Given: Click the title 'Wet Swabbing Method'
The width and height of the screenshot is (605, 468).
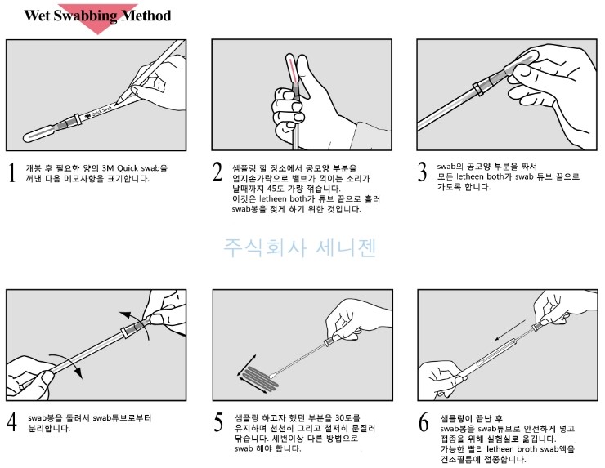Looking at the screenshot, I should [x=97, y=16].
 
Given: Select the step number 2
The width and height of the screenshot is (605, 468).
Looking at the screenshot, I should [x=217, y=173].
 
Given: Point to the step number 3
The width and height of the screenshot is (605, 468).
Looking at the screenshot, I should [x=423, y=173].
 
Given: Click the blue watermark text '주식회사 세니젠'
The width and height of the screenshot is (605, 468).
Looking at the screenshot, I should [x=300, y=245].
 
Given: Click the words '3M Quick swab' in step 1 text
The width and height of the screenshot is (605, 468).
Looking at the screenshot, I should [x=114, y=167].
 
